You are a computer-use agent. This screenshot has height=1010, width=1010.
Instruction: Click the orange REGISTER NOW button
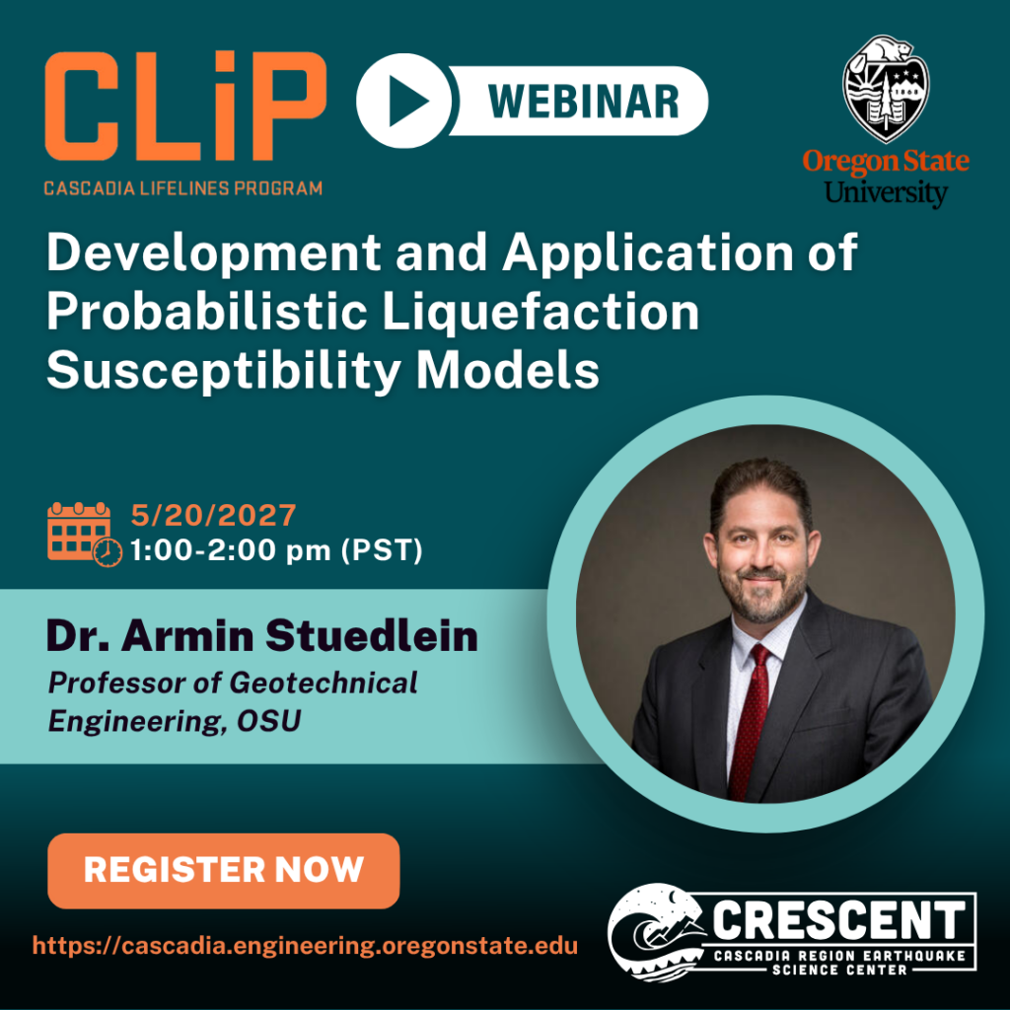224,870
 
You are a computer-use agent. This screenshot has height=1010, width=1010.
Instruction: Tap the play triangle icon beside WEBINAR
408,102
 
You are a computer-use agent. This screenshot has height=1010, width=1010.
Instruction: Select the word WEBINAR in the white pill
584,102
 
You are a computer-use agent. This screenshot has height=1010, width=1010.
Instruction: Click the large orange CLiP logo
185,106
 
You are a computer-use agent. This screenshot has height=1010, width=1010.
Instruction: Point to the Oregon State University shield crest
886,88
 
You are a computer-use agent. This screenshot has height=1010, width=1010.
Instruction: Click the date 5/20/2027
213,515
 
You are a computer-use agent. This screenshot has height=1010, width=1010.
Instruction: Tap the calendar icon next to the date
84,534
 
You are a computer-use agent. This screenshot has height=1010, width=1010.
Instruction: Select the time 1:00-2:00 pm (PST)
276,550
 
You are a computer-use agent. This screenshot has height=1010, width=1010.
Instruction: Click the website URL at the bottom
305,946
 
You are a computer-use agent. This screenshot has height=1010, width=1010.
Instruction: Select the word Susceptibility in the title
223,372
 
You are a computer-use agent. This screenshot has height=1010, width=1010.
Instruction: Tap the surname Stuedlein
372,636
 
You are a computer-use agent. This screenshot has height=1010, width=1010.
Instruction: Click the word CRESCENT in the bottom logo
838,920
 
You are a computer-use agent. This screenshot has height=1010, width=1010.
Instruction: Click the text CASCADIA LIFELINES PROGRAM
182,188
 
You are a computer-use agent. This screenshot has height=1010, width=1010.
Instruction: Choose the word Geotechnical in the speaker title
324,683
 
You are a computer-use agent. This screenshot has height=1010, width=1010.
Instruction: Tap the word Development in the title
214,253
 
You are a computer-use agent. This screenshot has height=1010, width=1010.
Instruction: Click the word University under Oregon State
886,192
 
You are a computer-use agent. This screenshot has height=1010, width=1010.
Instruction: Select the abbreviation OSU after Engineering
268,721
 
